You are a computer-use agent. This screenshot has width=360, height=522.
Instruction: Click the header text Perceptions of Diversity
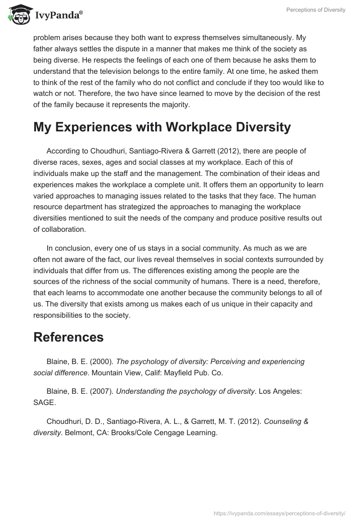pyautogui.click(x=316, y=10)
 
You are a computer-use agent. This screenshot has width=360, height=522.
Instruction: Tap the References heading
pyautogui.click(x=68, y=337)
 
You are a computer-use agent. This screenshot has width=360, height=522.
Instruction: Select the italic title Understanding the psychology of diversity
pyautogui.click(x=185, y=391)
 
